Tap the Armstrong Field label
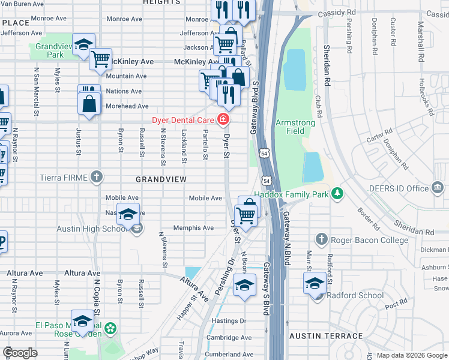pos(295,127)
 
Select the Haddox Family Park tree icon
pos(338,193)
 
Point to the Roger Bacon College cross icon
pos(321,240)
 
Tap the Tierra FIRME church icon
pos(97,177)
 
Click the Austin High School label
pos(92,229)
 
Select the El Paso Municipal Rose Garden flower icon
pos(110,328)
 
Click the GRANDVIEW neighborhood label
pos(161,179)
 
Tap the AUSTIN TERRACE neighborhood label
pos(325,337)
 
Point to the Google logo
pos(20,353)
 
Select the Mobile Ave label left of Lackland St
pos(122,197)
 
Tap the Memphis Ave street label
pos(193,228)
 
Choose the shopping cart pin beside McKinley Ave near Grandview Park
pos(101,59)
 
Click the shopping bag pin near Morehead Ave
pos(89,103)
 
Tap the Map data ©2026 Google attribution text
pos(411,355)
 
